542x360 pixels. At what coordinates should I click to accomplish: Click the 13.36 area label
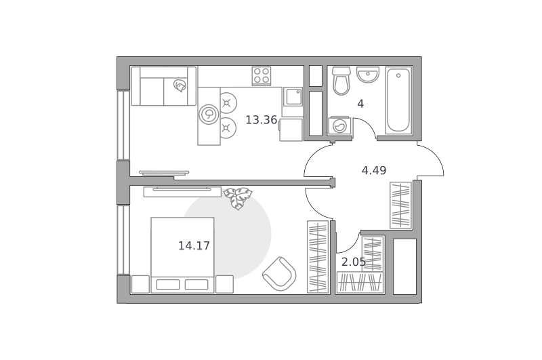(x=262, y=120)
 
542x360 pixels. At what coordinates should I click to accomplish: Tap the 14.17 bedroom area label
(x=194, y=246)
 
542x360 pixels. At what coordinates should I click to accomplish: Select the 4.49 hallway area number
(x=374, y=170)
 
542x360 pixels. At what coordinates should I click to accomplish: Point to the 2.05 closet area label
(x=353, y=262)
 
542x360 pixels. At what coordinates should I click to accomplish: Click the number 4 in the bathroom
(x=360, y=104)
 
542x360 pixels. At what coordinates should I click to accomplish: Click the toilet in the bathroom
(x=341, y=81)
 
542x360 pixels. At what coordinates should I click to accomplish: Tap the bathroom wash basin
(x=368, y=75)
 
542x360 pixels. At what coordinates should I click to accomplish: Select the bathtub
(x=398, y=100)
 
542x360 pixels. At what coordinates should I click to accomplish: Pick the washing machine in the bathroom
(x=340, y=126)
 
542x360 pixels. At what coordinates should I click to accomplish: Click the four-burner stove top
(x=262, y=76)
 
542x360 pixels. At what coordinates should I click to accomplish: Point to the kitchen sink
(x=293, y=96)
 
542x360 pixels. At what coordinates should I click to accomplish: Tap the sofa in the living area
(x=164, y=86)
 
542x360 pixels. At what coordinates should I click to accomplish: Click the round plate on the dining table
(x=209, y=114)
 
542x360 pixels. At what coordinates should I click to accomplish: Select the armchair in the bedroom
(x=279, y=273)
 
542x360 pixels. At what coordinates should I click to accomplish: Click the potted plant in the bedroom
(x=238, y=198)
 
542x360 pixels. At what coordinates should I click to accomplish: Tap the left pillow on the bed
(x=168, y=285)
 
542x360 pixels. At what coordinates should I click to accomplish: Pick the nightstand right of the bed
(x=224, y=284)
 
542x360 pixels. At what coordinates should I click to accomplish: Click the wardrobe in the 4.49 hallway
(x=400, y=205)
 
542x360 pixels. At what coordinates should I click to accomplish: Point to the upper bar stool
(x=227, y=102)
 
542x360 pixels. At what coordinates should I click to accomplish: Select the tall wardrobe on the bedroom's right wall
(x=318, y=256)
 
